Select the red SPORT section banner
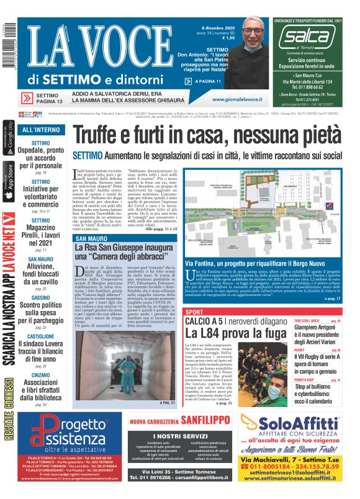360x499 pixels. tap(195, 311)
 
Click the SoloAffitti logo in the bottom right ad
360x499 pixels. tap(294, 423)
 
